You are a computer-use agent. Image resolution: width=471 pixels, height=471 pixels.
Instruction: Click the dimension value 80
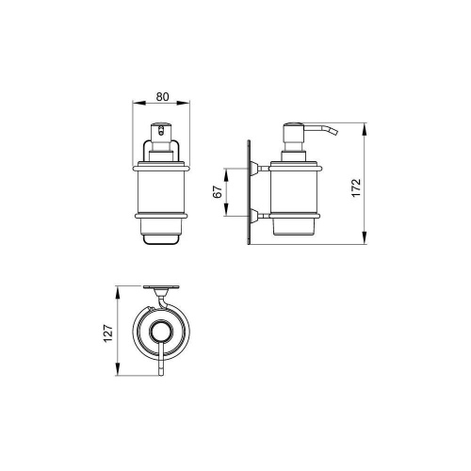pos(162,97)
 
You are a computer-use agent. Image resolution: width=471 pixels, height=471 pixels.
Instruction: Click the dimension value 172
pos(357,187)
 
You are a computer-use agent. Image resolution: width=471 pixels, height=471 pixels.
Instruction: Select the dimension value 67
pos(218,191)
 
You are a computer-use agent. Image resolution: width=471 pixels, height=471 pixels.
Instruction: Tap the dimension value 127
pos(108,333)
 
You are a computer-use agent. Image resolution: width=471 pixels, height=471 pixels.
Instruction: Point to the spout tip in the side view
pos(336,133)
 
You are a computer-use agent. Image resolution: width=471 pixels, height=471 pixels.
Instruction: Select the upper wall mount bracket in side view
pos(259,169)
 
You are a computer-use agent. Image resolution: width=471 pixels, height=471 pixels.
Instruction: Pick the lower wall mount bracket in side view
pos(259,216)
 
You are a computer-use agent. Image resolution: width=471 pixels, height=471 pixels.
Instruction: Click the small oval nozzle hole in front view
pos(161,130)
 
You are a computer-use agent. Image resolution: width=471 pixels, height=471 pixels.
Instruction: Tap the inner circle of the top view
pos(161,332)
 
